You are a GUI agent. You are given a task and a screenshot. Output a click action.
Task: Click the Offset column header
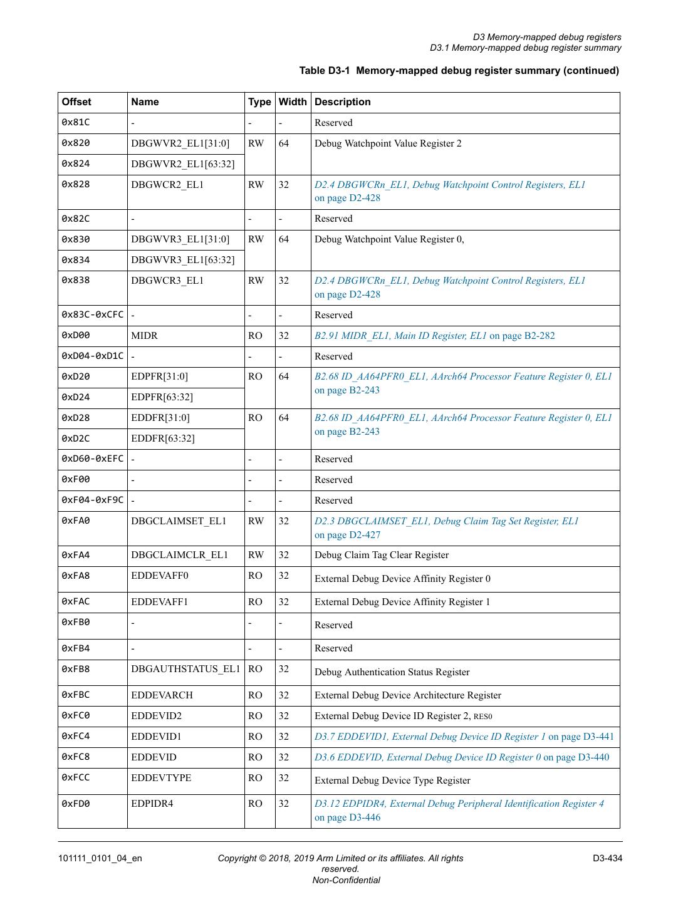(x=76, y=102)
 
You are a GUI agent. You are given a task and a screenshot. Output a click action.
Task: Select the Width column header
(x=293, y=102)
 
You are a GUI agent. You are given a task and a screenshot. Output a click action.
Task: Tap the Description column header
(x=343, y=102)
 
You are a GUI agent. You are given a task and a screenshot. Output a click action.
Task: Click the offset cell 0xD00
(x=75, y=336)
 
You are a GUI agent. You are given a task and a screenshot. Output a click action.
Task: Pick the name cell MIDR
(x=145, y=336)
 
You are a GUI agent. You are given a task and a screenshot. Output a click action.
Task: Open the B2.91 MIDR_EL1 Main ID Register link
(x=434, y=336)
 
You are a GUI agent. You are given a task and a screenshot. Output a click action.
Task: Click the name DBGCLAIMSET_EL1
(x=179, y=521)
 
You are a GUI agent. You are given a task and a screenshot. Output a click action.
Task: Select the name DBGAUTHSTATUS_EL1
(x=185, y=669)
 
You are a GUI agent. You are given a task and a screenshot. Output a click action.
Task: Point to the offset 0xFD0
(x=76, y=804)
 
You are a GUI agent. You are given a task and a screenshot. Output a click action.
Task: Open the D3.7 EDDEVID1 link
(x=464, y=737)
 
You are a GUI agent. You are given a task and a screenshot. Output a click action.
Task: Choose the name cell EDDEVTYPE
(x=161, y=778)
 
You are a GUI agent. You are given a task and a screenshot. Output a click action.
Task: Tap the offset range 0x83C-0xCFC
(x=93, y=314)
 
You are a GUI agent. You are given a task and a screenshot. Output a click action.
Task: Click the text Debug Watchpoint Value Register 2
(x=388, y=143)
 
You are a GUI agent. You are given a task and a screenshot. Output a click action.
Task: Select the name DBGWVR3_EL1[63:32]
(x=182, y=260)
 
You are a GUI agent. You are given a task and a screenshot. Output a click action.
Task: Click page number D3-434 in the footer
(x=607, y=858)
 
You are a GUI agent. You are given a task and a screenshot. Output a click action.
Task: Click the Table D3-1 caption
(x=459, y=71)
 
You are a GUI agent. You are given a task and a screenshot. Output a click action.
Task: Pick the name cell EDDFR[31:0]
(x=160, y=418)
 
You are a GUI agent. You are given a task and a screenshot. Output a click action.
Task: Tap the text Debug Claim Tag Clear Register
(x=382, y=555)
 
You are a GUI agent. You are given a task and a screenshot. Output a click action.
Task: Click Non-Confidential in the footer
(x=346, y=880)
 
